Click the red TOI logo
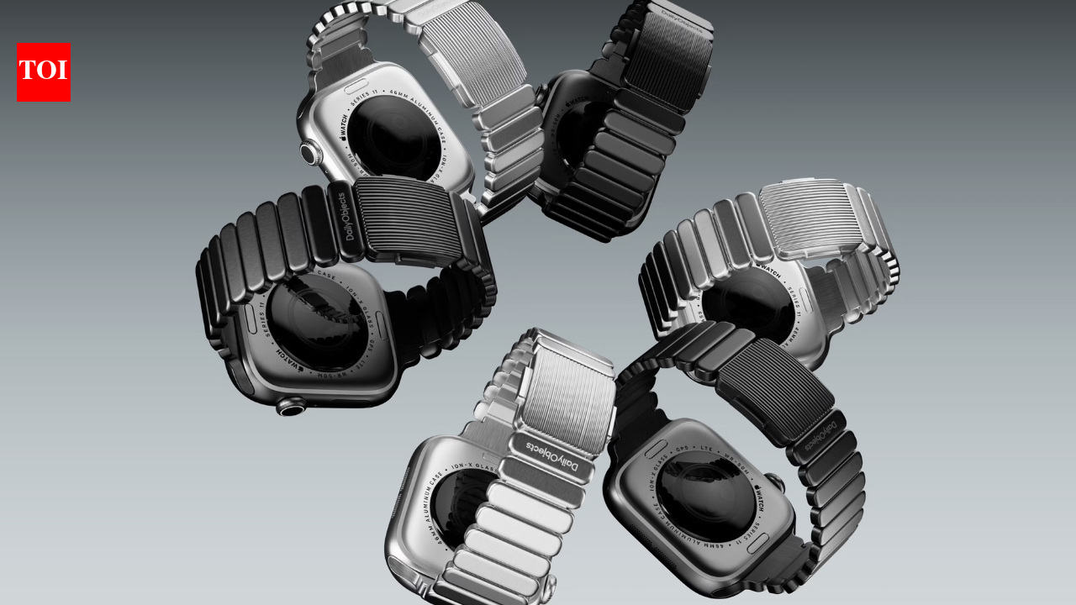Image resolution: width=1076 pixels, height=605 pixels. coord(44,73)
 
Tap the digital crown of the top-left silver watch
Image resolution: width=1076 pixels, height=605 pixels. coord(310,153)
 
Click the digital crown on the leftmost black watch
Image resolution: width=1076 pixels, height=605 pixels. coord(291,408)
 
